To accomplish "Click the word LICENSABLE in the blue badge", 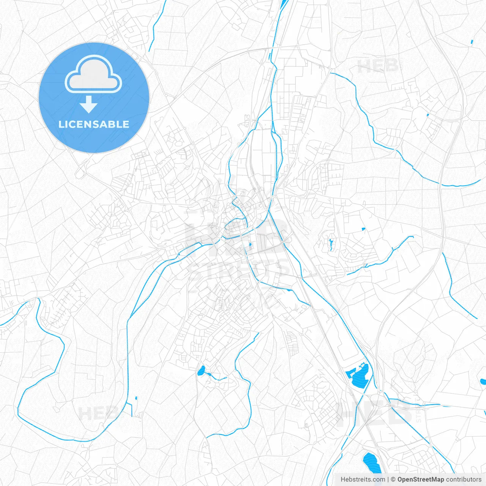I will tap(94, 124).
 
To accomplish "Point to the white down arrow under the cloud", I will tap(89, 104).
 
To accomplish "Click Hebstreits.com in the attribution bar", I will tap(363, 480).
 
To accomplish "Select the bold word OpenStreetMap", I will tap(421, 480).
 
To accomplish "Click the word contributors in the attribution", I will tap(464, 480).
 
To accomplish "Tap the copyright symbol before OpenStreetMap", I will tap(393, 480).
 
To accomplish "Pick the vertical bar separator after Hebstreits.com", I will tap(388, 480).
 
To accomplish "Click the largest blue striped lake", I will tap(358, 375).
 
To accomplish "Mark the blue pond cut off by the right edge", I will tap(483, 382).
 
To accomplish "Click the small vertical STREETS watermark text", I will tap(418, 410).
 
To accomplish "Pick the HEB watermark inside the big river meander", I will tap(98, 413).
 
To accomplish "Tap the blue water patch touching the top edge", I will tap(284, 5).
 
